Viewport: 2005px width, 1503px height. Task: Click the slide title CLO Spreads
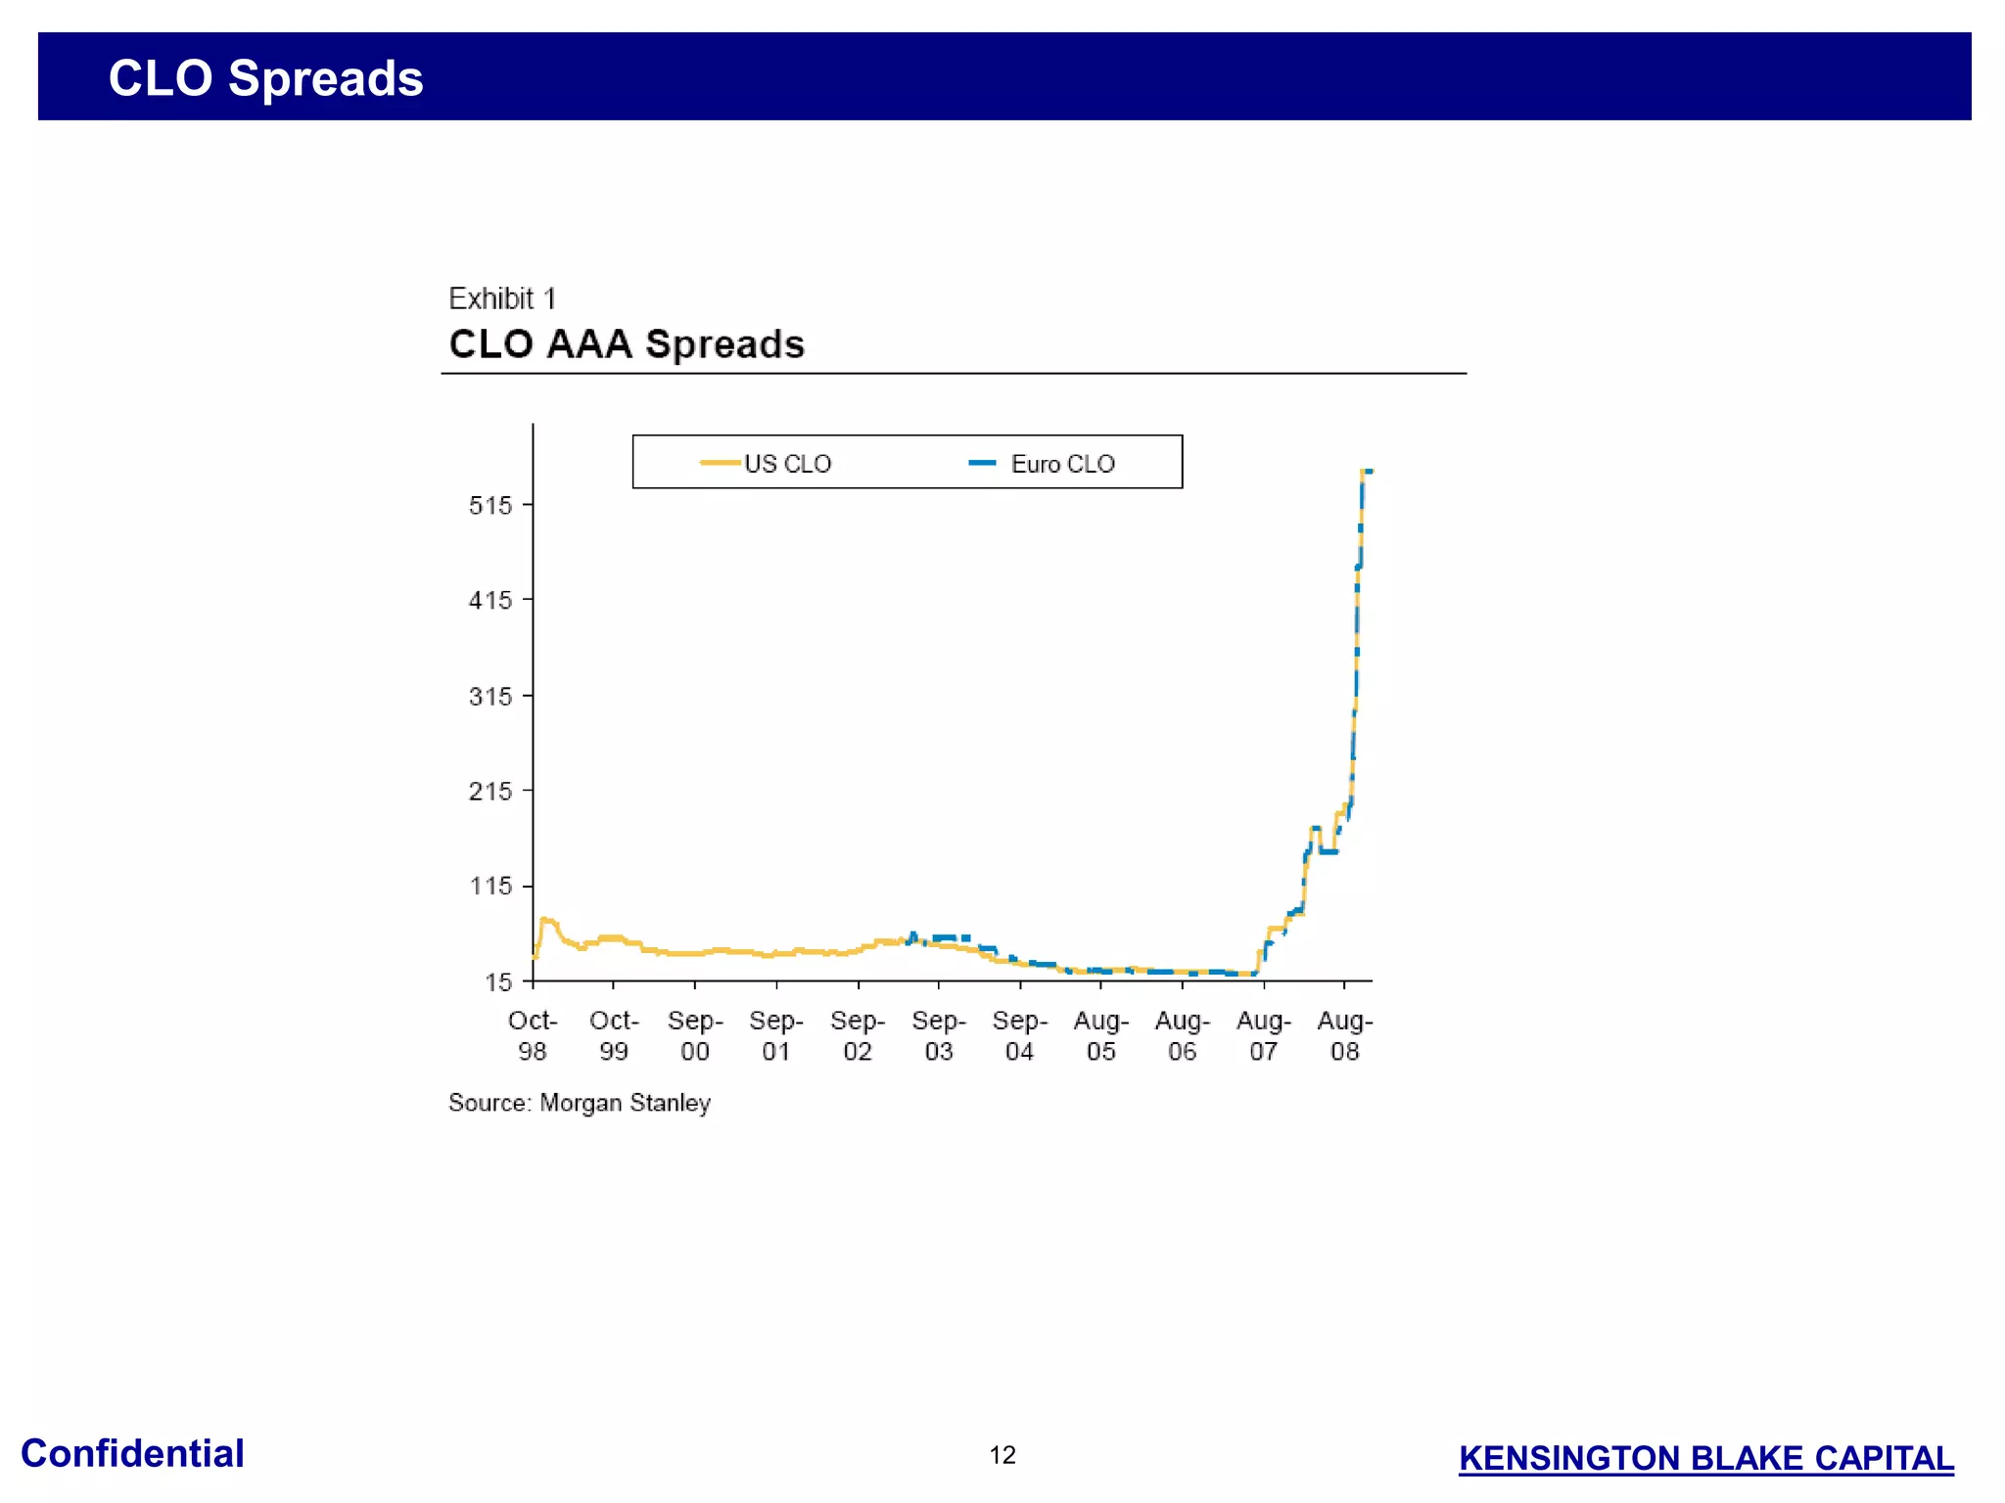pyautogui.click(x=265, y=78)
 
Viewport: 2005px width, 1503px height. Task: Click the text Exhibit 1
pyautogui.click(x=501, y=298)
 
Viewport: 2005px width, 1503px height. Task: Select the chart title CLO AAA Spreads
pyautogui.click(x=627, y=344)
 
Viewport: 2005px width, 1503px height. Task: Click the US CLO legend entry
pyautogui.click(x=767, y=463)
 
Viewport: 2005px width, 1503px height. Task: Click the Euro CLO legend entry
pyautogui.click(x=1043, y=463)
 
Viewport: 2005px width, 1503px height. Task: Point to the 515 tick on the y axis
pyautogui.click(x=490, y=506)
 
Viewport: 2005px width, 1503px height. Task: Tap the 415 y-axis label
pyautogui.click(x=490, y=600)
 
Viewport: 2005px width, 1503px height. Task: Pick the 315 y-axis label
pyautogui.click(x=490, y=697)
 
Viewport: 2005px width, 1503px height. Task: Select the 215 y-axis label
pyautogui.click(x=490, y=791)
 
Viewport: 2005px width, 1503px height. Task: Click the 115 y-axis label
pyautogui.click(x=490, y=887)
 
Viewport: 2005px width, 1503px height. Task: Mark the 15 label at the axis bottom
pyautogui.click(x=498, y=981)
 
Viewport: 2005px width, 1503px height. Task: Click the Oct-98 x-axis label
pyautogui.click(x=533, y=1035)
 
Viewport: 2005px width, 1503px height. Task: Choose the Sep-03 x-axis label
pyautogui.click(x=939, y=1035)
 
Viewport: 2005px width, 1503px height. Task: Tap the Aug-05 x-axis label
pyautogui.click(x=1101, y=1035)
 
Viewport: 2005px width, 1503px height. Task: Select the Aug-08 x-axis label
pyautogui.click(x=1345, y=1035)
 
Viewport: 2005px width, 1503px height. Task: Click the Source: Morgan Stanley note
pyautogui.click(x=580, y=1103)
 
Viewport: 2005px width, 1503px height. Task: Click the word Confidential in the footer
pyautogui.click(x=132, y=1454)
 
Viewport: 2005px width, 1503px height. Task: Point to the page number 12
pyautogui.click(x=1002, y=1455)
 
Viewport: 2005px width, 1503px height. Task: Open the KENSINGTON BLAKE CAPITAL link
pyautogui.click(x=1705, y=1458)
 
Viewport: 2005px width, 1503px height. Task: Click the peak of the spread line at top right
pyautogui.click(x=1366, y=472)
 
